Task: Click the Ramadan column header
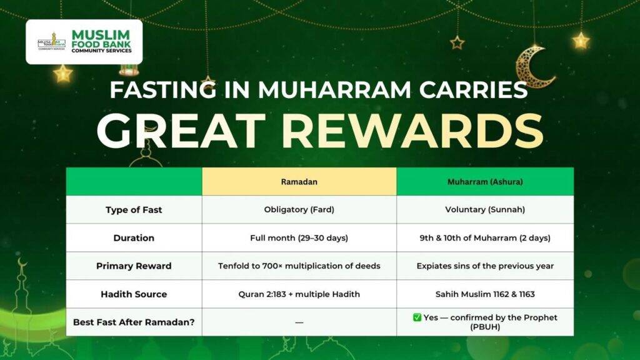pos(299,182)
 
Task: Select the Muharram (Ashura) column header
pos(485,182)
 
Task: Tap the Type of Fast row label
pos(134,210)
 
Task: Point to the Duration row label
pos(134,238)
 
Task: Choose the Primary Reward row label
pos(134,266)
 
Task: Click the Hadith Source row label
pos(134,294)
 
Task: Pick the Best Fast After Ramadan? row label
pos(134,322)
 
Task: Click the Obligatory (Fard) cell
pos(299,210)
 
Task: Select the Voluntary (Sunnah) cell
pos(485,210)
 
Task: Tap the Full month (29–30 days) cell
pos(299,238)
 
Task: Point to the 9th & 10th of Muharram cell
pos(485,238)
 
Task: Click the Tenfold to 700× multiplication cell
pos(299,266)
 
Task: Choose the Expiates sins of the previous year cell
pos(485,266)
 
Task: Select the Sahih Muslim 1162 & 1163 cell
pos(485,294)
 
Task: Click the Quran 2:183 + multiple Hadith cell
pos(299,294)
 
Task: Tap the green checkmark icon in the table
pos(417,317)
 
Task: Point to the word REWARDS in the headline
pos(412,131)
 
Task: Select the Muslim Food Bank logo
pos(84,42)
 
